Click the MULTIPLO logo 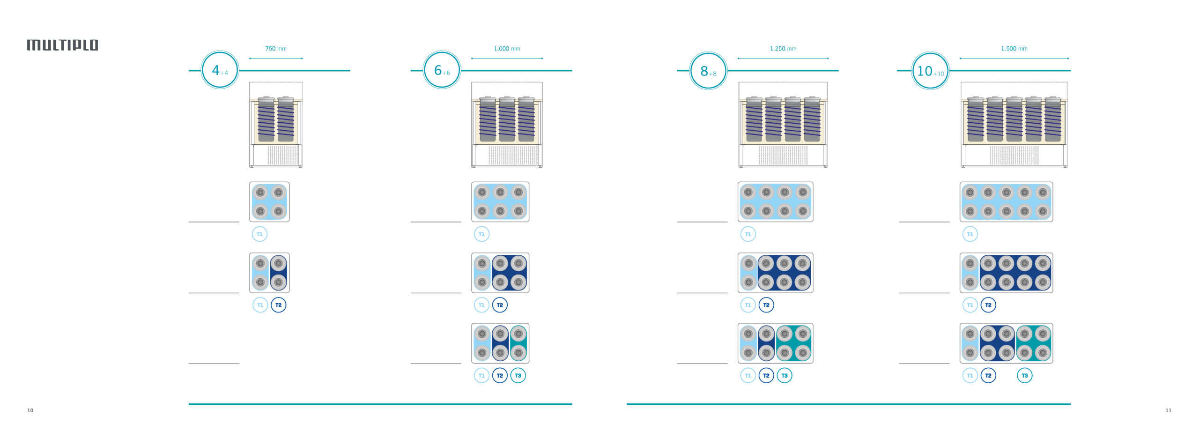[x=63, y=45]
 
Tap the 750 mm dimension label [x=276, y=49]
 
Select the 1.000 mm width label [x=507, y=49]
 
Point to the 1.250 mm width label [x=783, y=49]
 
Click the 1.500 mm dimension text [x=1014, y=49]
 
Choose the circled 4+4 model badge [x=220, y=70]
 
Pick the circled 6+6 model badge [x=442, y=70]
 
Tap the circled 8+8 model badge [x=708, y=71]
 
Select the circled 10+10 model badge [x=930, y=71]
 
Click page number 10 [x=30, y=410]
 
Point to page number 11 [x=1168, y=410]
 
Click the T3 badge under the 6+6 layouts [x=518, y=376]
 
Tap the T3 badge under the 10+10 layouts [x=1024, y=376]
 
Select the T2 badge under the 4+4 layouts [x=278, y=305]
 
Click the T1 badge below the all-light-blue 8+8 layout [x=748, y=234]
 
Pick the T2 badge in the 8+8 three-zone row [x=766, y=376]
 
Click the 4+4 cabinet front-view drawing [x=276, y=125]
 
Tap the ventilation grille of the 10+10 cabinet [x=1014, y=155]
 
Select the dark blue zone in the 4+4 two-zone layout [x=279, y=273]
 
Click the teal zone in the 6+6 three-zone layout [x=518, y=343]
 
